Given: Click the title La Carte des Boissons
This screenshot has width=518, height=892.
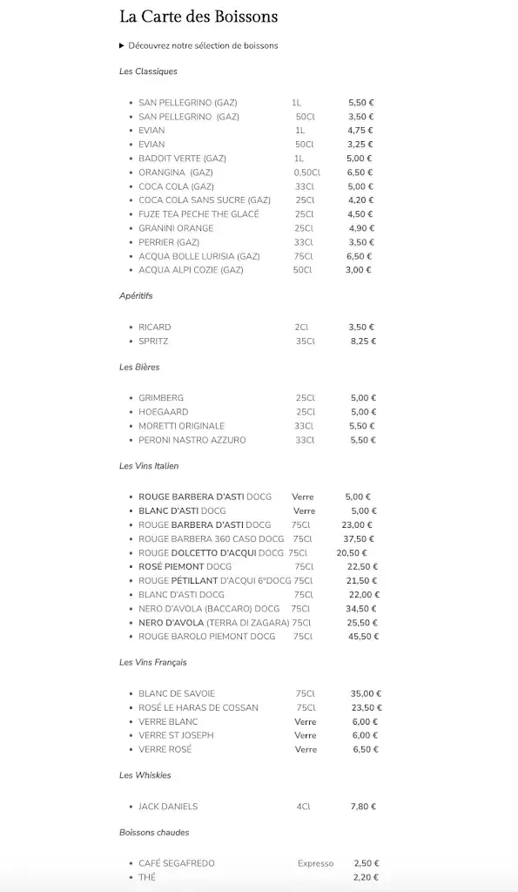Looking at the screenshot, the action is (x=198, y=17).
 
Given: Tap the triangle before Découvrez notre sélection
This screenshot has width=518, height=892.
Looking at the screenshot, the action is (x=122, y=45).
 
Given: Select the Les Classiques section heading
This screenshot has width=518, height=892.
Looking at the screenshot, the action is (x=148, y=71).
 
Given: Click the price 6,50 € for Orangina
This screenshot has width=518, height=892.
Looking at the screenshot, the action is (x=360, y=172).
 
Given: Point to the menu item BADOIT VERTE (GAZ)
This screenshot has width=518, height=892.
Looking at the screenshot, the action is (x=182, y=159).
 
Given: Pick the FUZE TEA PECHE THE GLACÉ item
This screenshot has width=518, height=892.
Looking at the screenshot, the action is (x=198, y=214).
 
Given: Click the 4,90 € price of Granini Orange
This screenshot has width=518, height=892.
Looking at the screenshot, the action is (x=360, y=228).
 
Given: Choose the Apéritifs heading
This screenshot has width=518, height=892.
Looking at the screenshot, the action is (x=136, y=296).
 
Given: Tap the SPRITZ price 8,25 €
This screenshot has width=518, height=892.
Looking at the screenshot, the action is (x=363, y=341).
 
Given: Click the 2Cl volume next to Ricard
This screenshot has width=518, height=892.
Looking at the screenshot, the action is (x=301, y=328).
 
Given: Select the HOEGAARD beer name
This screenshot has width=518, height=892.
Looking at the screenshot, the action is (x=163, y=412).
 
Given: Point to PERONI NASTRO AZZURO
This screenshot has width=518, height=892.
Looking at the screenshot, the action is (x=192, y=440).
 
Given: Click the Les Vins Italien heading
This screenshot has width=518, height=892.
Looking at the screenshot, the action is (x=149, y=466).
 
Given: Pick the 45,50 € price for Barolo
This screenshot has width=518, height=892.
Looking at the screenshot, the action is (x=363, y=637).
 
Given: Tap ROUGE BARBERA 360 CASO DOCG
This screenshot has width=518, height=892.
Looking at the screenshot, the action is (x=212, y=539).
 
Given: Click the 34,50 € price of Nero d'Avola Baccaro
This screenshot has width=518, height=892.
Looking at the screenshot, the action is (x=361, y=609).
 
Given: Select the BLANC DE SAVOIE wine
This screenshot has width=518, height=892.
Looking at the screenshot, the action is (x=177, y=693).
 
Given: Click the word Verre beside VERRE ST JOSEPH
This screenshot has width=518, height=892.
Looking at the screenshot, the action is (x=306, y=735).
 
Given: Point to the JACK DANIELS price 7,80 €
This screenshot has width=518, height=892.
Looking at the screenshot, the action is (x=363, y=807).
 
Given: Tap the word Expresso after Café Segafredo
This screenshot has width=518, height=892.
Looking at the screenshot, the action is (x=315, y=863).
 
